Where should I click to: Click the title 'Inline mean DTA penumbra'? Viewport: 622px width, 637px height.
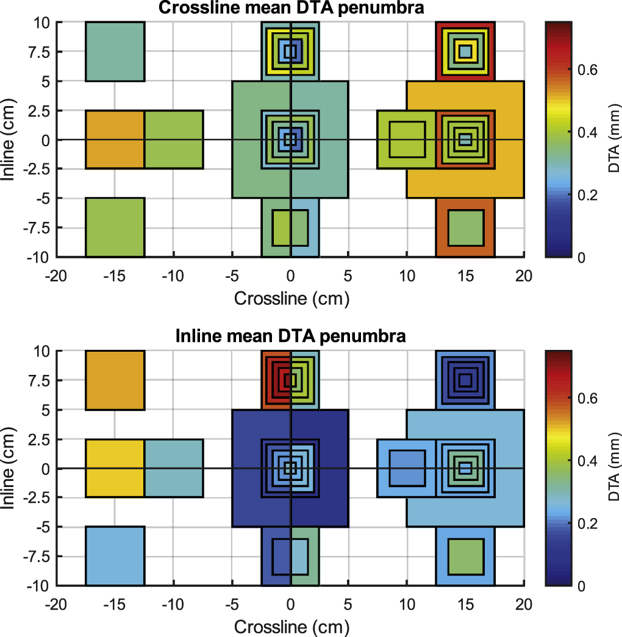tap(290, 336)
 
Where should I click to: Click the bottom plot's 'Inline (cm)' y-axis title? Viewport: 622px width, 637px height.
tap(10, 468)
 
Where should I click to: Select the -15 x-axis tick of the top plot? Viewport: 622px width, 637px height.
tap(115, 276)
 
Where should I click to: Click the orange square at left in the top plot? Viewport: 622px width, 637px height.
tap(115, 140)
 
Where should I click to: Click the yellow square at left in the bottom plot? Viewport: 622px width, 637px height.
tap(115, 468)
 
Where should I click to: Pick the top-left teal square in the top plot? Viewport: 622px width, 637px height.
tap(115, 51)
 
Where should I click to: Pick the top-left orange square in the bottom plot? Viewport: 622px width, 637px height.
tap(115, 380)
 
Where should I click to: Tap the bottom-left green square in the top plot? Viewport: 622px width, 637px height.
tap(115, 227)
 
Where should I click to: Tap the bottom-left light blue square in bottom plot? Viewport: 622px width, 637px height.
tap(115, 556)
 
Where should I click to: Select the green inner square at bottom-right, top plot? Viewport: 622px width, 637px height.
tap(466, 227)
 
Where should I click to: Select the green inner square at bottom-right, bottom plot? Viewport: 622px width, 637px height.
tap(466, 556)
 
